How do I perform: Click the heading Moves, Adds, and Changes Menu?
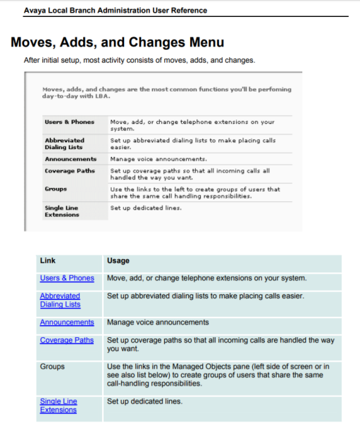[x=117, y=43]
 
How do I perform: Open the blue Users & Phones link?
[x=67, y=278]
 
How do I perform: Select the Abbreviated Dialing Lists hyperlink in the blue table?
[x=60, y=300]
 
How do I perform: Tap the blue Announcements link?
[x=67, y=322]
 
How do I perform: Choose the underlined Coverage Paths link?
[x=67, y=341]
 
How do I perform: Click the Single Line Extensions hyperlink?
[x=58, y=405]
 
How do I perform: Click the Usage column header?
[x=118, y=260]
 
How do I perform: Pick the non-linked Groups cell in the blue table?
[x=53, y=367]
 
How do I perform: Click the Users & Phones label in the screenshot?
[x=69, y=122]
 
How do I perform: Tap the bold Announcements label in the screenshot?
[x=70, y=159]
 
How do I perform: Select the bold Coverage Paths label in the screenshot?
[x=69, y=170]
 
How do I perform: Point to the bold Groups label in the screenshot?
[x=56, y=189]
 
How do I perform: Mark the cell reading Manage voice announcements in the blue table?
[x=158, y=322]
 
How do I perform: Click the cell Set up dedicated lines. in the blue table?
[x=144, y=401]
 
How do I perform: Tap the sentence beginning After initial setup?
[x=139, y=61]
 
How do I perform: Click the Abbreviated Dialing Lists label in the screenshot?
[x=64, y=144]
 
